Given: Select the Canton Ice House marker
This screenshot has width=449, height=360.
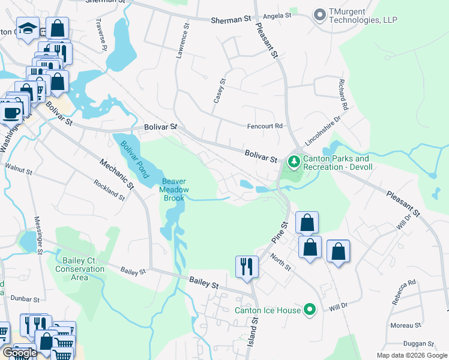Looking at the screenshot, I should pyautogui.click(x=310, y=310).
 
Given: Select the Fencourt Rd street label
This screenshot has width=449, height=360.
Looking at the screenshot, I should pyautogui.click(x=265, y=126).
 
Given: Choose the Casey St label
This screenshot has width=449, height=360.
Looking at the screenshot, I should pyautogui.click(x=219, y=91).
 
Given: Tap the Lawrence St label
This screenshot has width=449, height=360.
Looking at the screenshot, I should pyautogui.click(x=182, y=41).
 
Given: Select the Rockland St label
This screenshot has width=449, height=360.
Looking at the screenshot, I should pyautogui.click(x=109, y=189).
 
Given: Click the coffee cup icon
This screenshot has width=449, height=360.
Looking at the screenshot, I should pyautogui.click(x=11, y=111).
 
